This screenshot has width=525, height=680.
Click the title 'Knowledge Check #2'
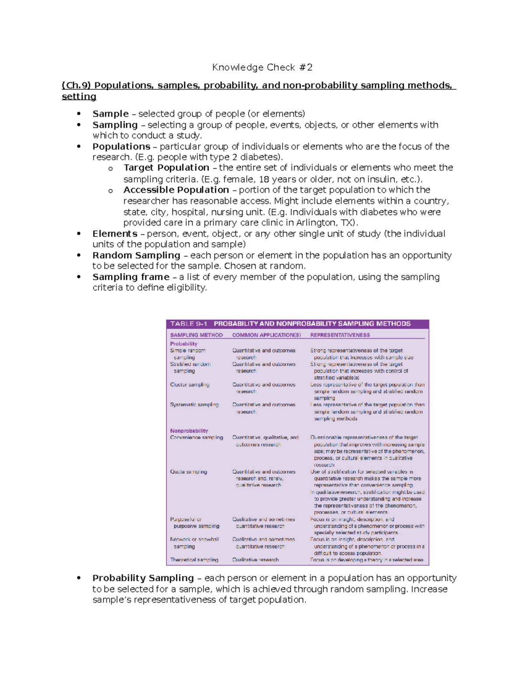click(262, 67)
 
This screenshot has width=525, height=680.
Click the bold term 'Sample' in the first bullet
click(110, 114)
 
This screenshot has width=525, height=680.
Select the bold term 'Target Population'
click(166, 168)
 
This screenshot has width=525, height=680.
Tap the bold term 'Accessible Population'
click(176, 190)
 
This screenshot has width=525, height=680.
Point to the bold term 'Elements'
click(115, 234)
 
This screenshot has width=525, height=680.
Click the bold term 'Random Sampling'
click(136, 255)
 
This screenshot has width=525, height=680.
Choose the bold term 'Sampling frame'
click(131, 277)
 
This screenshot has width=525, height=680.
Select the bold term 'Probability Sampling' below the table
click(143, 578)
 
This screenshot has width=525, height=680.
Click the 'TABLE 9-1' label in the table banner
click(189, 324)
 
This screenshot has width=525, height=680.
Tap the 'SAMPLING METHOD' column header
click(196, 335)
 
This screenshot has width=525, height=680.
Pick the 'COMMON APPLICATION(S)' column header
click(266, 335)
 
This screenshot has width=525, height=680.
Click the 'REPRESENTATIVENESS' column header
click(340, 335)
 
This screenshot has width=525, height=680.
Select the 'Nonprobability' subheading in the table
click(189, 431)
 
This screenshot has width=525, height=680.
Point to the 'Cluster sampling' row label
click(189, 385)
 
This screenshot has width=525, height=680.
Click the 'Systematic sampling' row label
click(194, 405)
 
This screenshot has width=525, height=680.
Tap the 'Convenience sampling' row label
click(196, 437)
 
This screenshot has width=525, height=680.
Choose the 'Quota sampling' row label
click(189, 472)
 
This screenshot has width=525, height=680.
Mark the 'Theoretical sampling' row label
click(194, 560)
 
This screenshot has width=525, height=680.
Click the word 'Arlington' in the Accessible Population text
click(315, 223)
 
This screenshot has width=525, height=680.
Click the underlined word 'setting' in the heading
click(79, 97)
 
